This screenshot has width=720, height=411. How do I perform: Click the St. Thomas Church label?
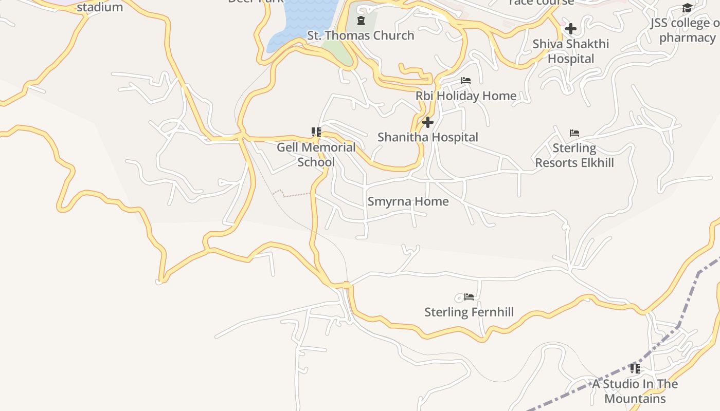point(361,35)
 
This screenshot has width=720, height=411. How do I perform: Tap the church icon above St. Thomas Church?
point(361,21)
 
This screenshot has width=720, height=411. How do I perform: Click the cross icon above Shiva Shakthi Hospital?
point(570,29)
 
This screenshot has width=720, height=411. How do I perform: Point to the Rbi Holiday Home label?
point(466,96)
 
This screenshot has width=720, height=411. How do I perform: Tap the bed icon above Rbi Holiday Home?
point(466,81)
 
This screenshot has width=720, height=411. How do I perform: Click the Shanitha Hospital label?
point(427,137)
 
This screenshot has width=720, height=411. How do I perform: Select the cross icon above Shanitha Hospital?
point(427,122)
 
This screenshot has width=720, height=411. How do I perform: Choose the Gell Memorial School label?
point(316,155)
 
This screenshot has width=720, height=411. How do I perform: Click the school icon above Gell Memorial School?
point(316,132)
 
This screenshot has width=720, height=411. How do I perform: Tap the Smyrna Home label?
point(408,201)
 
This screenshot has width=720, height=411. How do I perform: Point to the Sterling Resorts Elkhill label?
point(574,156)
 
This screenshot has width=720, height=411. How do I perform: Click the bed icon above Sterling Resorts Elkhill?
point(574,133)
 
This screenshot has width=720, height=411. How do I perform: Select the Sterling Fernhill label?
point(469,312)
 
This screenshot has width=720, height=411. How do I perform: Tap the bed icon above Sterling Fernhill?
point(469,297)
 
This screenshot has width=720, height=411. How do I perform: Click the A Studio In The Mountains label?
point(635,391)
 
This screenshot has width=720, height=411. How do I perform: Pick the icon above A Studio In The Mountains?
point(635,368)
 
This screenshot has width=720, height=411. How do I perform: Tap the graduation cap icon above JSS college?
point(687,8)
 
